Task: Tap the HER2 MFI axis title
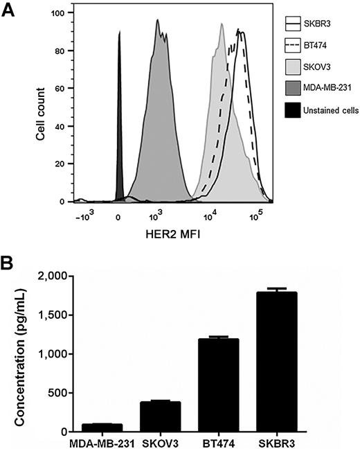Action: point(168,232)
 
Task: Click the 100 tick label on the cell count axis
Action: point(64,12)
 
